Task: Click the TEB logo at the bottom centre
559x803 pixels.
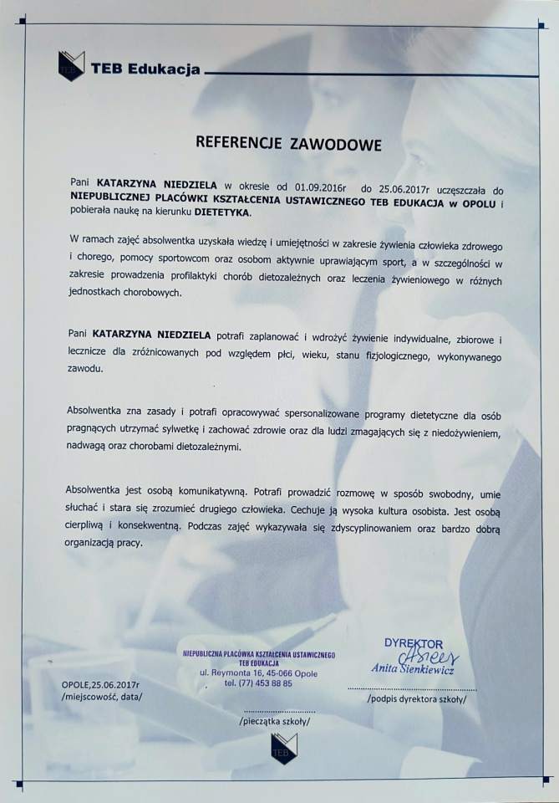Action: point(284,748)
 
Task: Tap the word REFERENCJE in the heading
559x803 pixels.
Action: point(239,143)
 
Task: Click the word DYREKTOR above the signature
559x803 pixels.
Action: point(414,642)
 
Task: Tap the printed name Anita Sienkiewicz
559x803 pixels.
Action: point(414,669)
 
